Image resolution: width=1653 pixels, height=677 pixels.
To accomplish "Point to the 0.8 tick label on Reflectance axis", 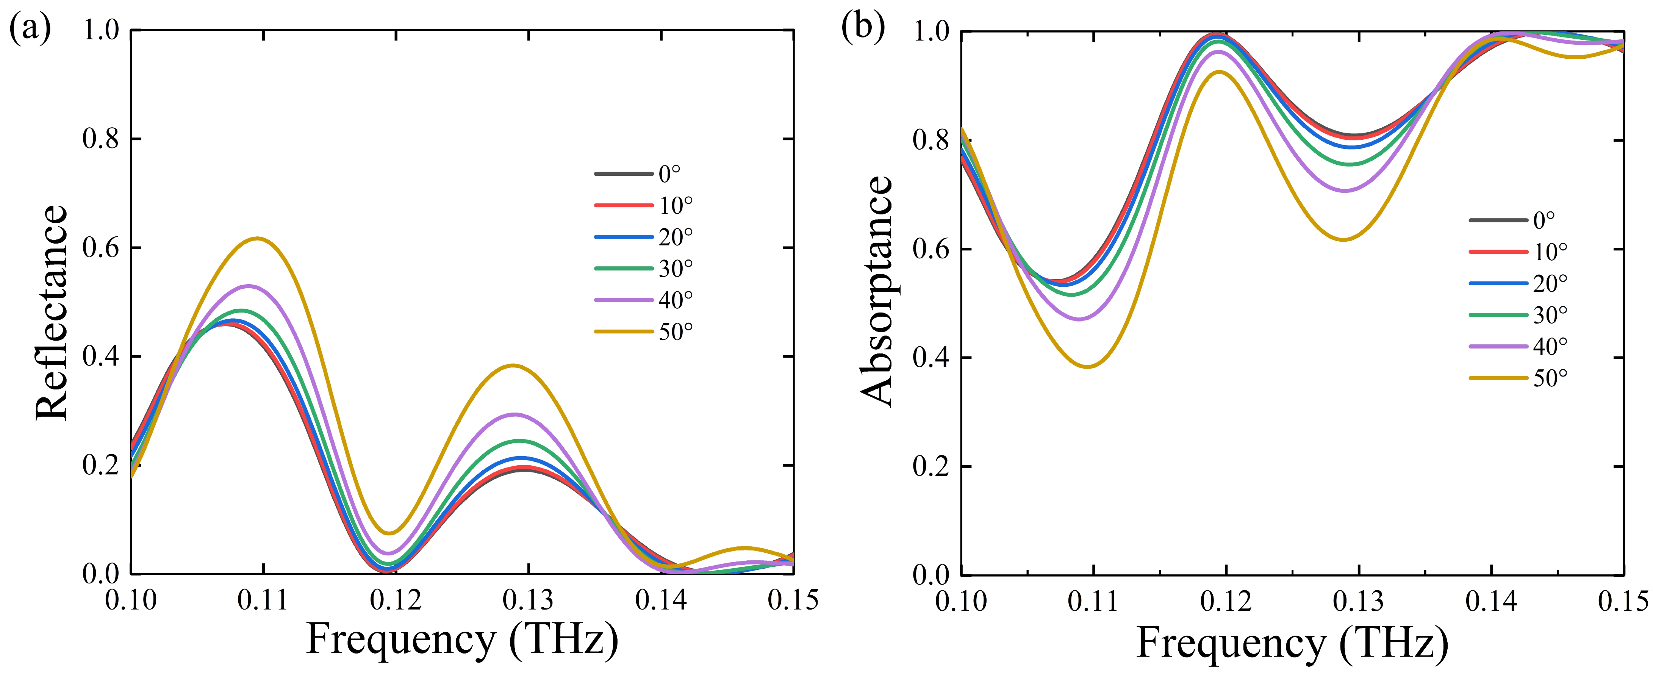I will (102, 139).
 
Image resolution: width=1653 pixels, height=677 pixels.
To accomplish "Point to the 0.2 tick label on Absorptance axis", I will (932, 466).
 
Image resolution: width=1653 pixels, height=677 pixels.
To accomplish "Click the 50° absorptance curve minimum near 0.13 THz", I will (1343, 239).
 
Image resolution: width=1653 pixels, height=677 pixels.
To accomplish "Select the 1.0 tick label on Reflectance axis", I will (102, 30).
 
